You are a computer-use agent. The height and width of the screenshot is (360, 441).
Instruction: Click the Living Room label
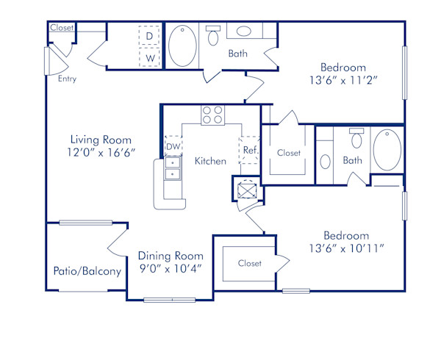(101, 140)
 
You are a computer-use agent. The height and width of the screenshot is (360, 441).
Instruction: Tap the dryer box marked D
(150, 35)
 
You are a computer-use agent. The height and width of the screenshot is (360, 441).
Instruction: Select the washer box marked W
(150, 57)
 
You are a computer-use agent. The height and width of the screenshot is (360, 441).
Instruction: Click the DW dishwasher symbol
(173, 147)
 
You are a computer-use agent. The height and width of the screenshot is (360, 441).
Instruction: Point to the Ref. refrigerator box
(249, 148)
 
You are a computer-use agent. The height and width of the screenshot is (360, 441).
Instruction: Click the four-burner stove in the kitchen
(212, 115)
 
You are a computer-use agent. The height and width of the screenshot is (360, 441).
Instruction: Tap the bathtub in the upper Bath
(182, 46)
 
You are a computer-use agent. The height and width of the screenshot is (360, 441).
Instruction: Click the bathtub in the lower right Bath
(387, 149)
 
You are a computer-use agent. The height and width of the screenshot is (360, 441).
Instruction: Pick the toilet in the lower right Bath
(357, 138)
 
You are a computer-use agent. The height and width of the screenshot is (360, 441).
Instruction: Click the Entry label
(67, 78)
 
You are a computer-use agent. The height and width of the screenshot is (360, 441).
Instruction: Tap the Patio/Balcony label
(87, 271)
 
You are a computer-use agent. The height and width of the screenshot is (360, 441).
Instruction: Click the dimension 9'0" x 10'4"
(170, 269)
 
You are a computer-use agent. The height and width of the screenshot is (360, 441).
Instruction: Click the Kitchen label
(210, 161)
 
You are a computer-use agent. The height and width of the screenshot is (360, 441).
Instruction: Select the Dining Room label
(170, 256)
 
